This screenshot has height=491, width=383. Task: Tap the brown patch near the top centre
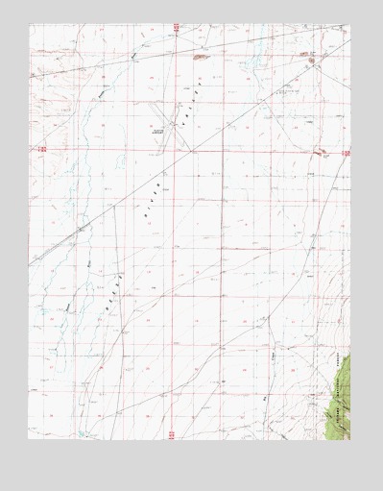200,57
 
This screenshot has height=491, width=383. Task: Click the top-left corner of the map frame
29,25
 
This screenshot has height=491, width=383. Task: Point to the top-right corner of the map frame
350,25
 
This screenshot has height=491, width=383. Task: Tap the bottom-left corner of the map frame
29,440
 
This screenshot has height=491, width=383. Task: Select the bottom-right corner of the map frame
350,440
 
